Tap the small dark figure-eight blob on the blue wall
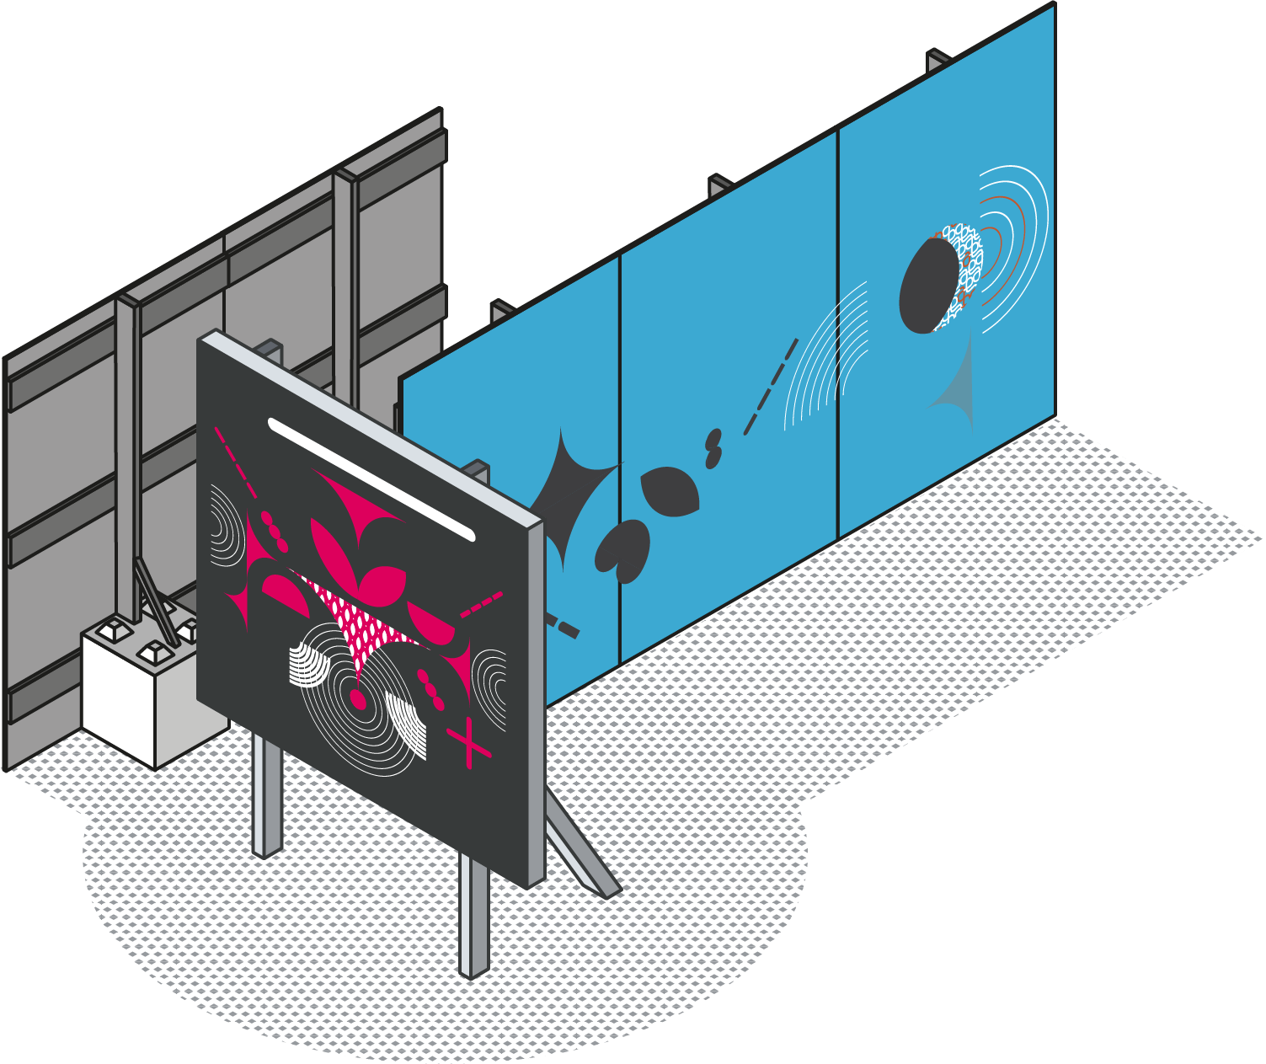[x=714, y=449]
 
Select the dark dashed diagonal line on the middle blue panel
[x=771, y=388]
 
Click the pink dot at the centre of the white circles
[x=358, y=700]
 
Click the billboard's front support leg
[x=473, y=918]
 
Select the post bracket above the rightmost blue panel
[x=938, y=61]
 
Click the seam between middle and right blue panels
[x=838, y=337]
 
